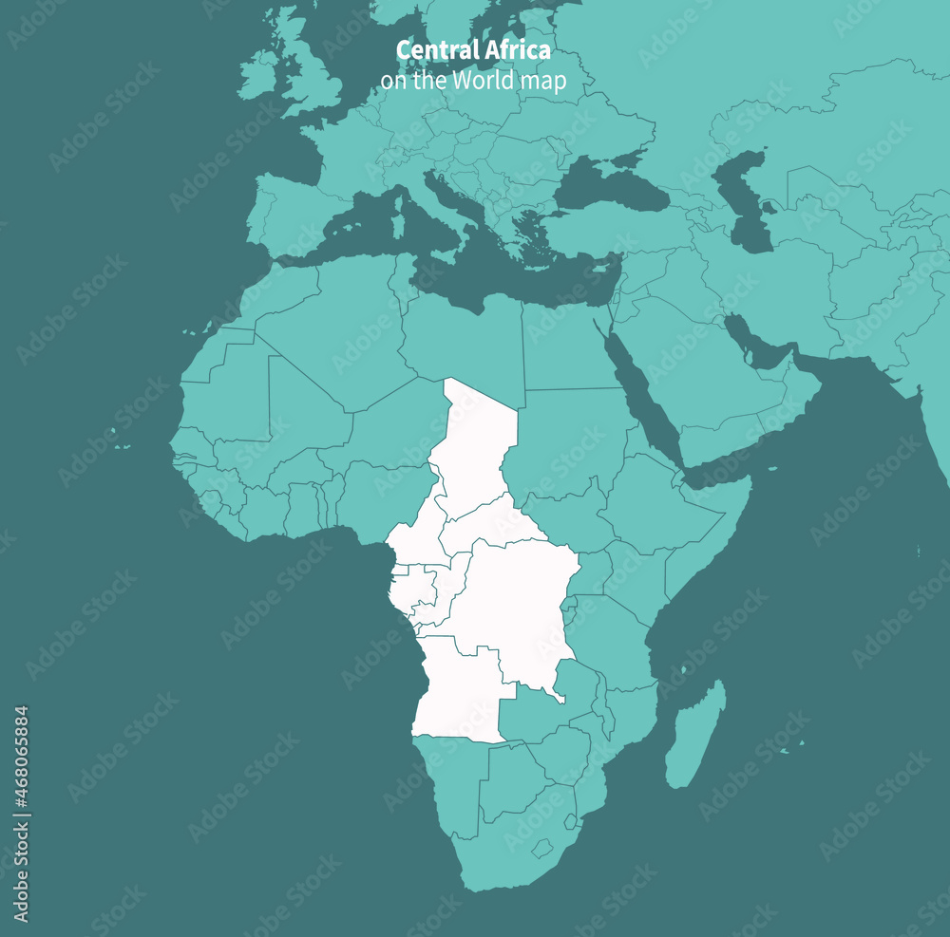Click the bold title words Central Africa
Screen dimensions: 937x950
tap(473, 49)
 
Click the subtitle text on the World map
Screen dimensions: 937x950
tap(473, 81)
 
